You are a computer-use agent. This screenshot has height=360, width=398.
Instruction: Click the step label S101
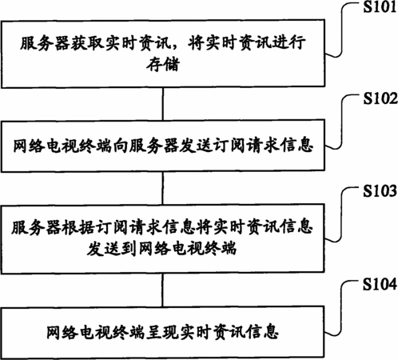(380, 6)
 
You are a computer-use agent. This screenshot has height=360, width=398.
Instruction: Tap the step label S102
(380, 98)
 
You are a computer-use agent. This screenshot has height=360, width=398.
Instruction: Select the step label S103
(380, 191)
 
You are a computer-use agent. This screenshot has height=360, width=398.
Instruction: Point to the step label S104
(380, 284)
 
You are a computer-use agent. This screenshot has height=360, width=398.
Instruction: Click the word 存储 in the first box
(163, 64)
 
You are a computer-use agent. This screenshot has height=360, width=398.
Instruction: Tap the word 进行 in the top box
(289, 43)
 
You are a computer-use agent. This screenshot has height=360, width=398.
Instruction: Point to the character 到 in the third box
(130, 249)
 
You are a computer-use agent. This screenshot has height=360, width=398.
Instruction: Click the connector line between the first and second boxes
(163, 104)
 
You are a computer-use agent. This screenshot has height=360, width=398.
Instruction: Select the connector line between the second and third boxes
(163, 188)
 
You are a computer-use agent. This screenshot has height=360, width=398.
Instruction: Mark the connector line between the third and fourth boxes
(163, 290)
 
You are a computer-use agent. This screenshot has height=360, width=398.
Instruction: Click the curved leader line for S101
(341, 30)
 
